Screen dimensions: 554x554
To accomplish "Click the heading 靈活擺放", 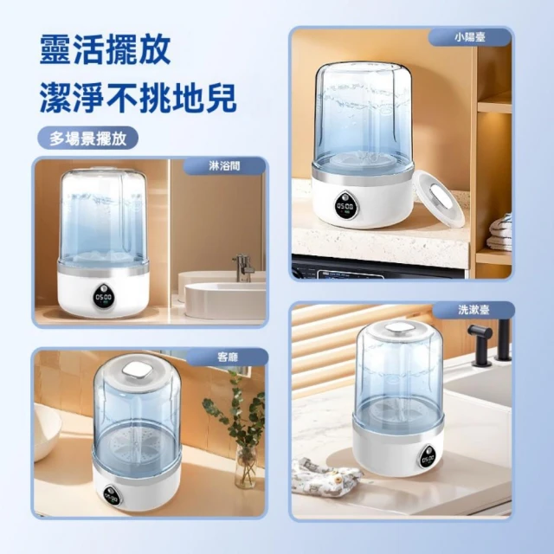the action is (106, 49).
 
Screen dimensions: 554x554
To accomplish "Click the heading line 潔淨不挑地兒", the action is (138, 97).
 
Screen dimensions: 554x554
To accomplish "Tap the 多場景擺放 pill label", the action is (87, 138).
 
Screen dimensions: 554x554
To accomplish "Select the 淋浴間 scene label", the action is (224, 165).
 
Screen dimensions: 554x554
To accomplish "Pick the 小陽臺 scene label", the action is (469, 36).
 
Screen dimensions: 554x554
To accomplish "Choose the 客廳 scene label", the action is (227, 357).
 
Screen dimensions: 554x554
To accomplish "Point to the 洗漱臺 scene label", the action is (473, 310).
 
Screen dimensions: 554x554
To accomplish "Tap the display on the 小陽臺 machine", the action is (345, 207).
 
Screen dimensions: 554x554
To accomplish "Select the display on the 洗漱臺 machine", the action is (428, 459).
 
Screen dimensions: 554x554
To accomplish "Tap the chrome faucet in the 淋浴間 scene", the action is (243, 267).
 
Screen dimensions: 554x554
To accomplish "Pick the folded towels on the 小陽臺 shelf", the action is (499, 232).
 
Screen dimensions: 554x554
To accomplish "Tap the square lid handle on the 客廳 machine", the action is (137, 370).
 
